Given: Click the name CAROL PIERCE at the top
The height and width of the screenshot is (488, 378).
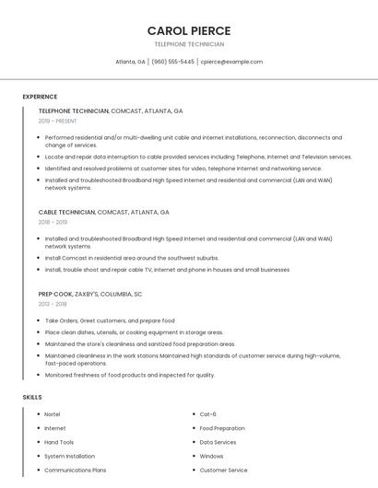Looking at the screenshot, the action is (x=189, y=30).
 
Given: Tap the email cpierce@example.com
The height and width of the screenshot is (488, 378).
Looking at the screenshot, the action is (x=231, y=62).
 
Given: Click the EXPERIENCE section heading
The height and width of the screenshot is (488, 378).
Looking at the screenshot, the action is (x=40, y=97).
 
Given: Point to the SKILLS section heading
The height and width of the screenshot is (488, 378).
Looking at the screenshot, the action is (x=32, y=397).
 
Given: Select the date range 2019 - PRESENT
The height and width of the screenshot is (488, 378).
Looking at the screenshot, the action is (x=58, y=121).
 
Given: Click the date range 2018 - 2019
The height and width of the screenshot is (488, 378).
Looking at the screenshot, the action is (x=53, y=222).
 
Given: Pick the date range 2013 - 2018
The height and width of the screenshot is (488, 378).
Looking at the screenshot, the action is (x=53, y=303).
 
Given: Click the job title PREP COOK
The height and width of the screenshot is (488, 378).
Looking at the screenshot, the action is (x=54, y=294).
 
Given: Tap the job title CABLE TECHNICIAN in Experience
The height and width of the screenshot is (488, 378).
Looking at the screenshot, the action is (x=67, y=212).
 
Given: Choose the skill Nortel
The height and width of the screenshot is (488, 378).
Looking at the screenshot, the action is (x=53, y=414).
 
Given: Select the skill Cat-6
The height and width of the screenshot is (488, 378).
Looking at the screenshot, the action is (x=208, y=414).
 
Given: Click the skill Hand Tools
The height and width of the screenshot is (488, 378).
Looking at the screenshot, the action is (x=59, y=442).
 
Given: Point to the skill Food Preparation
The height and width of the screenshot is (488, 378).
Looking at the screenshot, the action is (x=222, y=428).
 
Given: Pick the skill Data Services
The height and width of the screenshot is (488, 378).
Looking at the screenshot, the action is (x=218, y=442).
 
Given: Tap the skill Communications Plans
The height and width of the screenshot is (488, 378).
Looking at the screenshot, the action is (x=76, y=470).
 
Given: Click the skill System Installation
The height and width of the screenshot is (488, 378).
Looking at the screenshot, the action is (x=69, y=456).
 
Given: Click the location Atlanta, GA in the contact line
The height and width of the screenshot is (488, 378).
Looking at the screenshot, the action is (x=130, y=62).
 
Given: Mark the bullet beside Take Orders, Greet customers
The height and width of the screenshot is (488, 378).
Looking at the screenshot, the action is (x=39, y=320).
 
